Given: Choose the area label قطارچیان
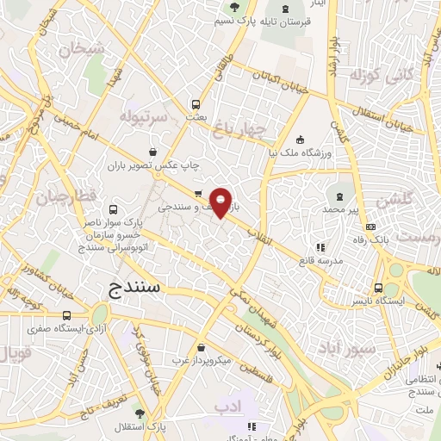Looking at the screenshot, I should pos(63,198).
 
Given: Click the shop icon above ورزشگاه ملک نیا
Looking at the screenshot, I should pos(299,140).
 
